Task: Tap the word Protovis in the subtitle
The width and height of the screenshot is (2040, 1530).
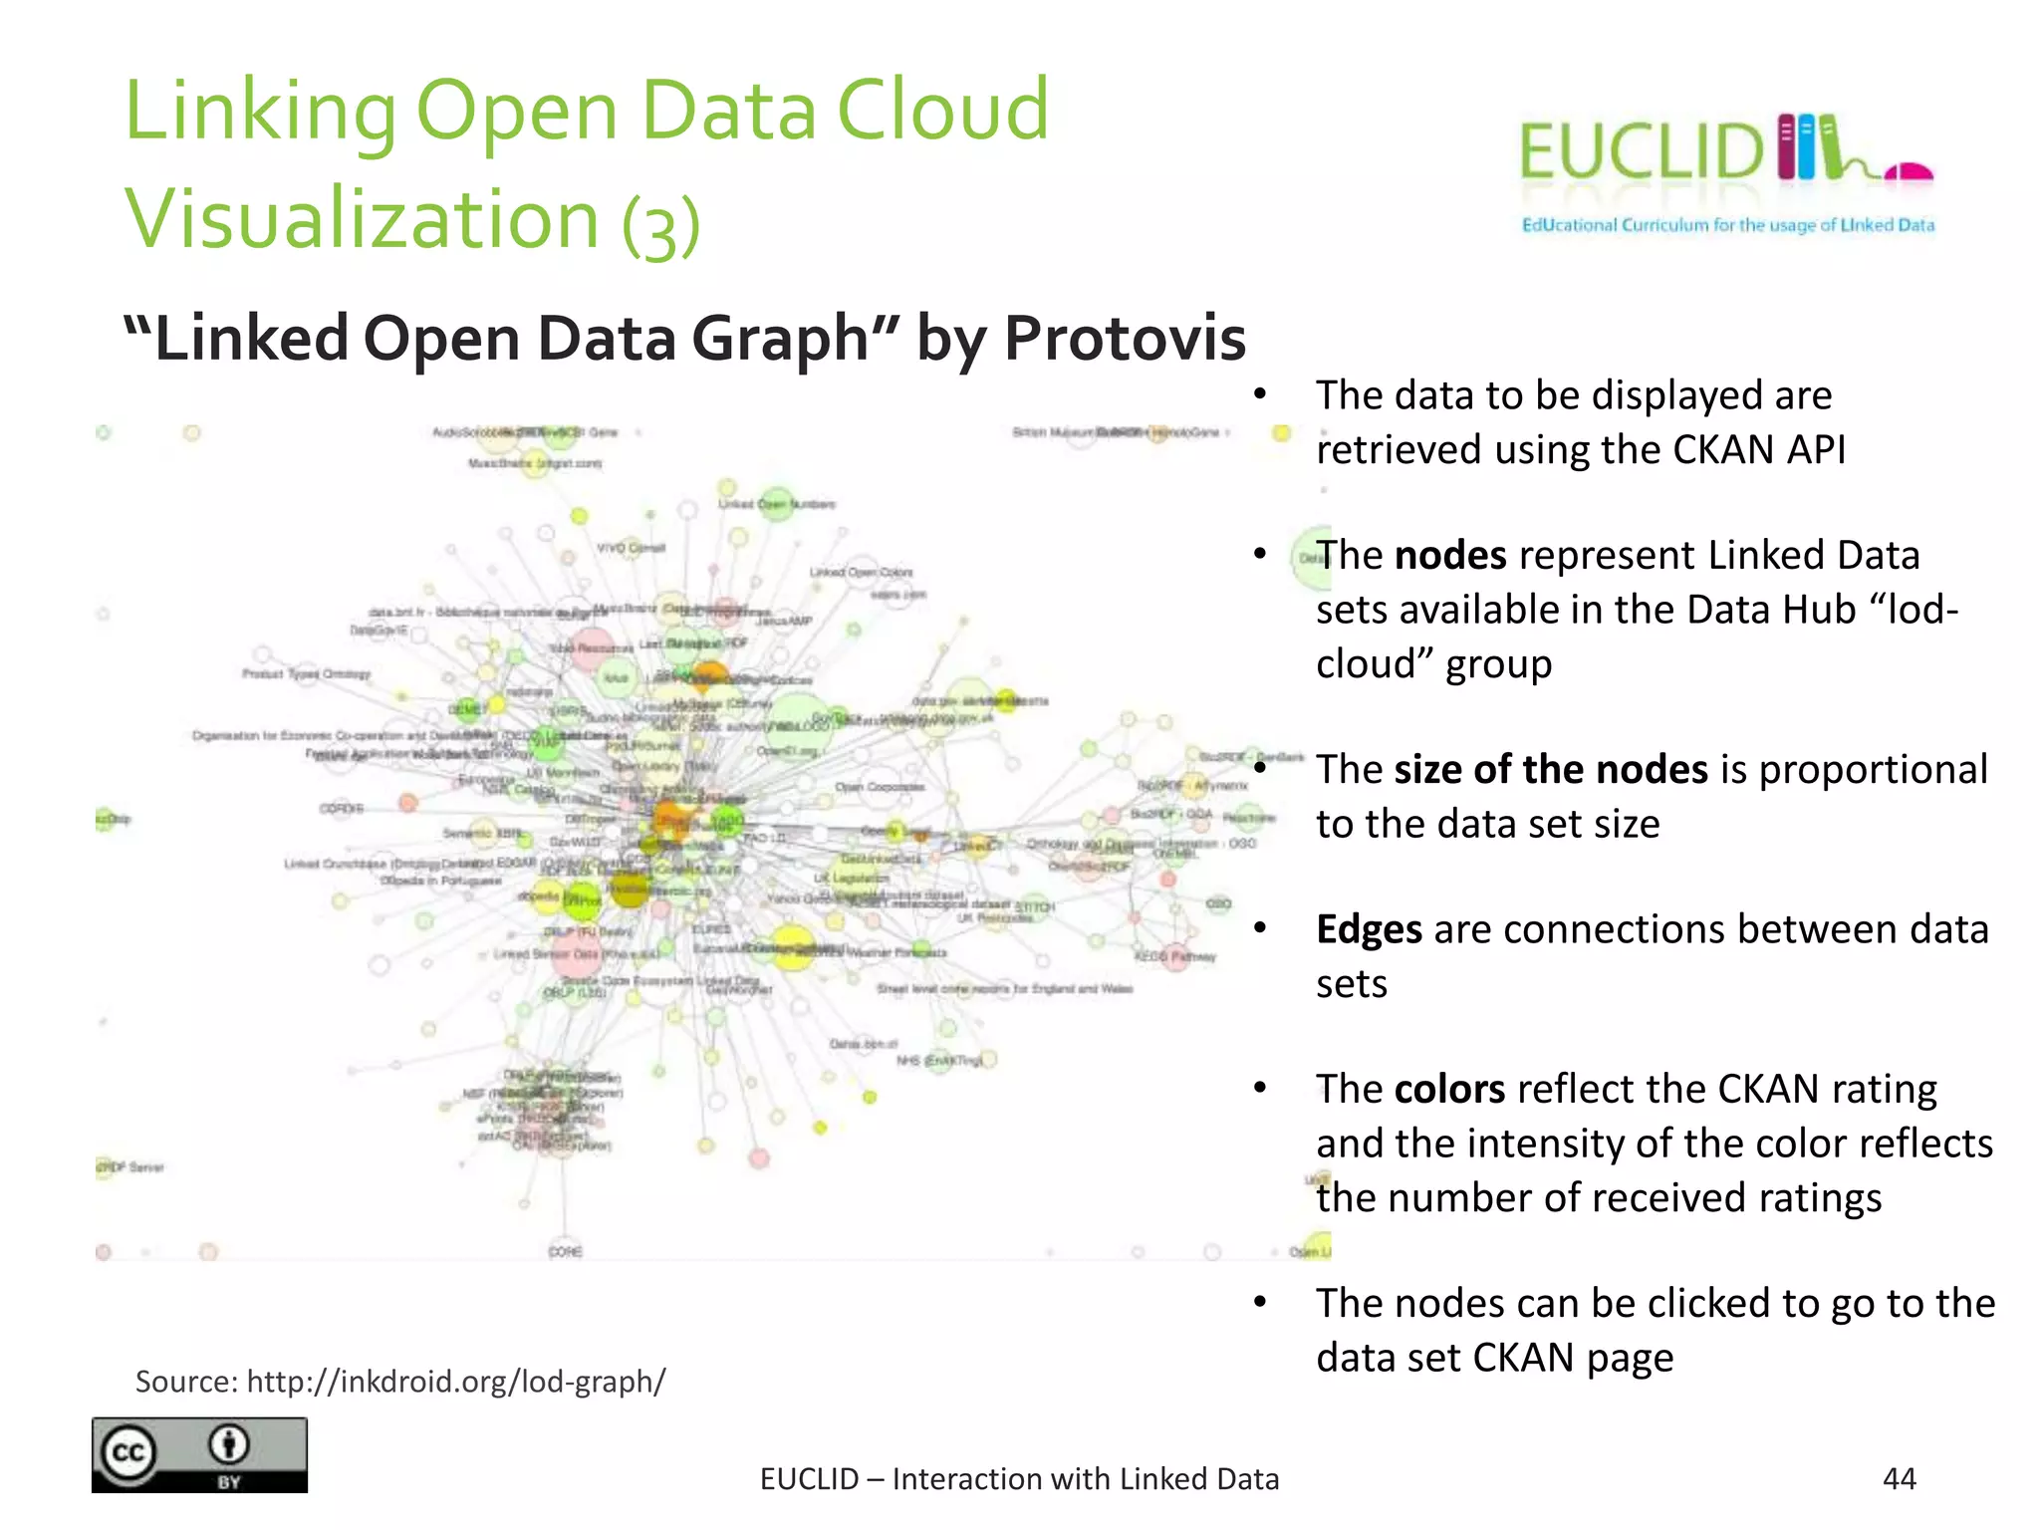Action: tap(1125, 338)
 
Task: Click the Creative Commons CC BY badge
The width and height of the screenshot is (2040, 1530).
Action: tap(199, 1454)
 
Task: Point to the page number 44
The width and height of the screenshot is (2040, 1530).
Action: tap(1899, 1478)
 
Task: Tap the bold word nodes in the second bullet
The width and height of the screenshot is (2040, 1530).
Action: tap(1450, 555)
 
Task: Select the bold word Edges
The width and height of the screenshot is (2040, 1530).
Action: tap(1369, 929)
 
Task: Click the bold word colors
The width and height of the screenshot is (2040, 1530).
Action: tap(1449, 1089)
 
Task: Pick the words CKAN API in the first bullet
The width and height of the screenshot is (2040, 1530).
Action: tap(1758, 449)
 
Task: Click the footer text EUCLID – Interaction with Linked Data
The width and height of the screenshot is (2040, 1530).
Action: tap(1019, 1479)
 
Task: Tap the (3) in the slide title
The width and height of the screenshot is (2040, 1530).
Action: tap(661, 225)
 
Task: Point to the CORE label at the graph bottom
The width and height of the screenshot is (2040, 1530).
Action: tap(565, 1251)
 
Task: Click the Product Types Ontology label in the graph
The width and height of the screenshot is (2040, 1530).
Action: tap(306, 674)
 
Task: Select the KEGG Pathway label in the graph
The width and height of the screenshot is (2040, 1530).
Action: tap(1175, 956)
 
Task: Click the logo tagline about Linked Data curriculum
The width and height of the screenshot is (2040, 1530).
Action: tap(1727, 225)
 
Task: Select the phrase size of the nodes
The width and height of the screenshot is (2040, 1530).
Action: tap(1551, 770)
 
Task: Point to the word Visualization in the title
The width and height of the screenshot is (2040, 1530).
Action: tap(362, 219)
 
